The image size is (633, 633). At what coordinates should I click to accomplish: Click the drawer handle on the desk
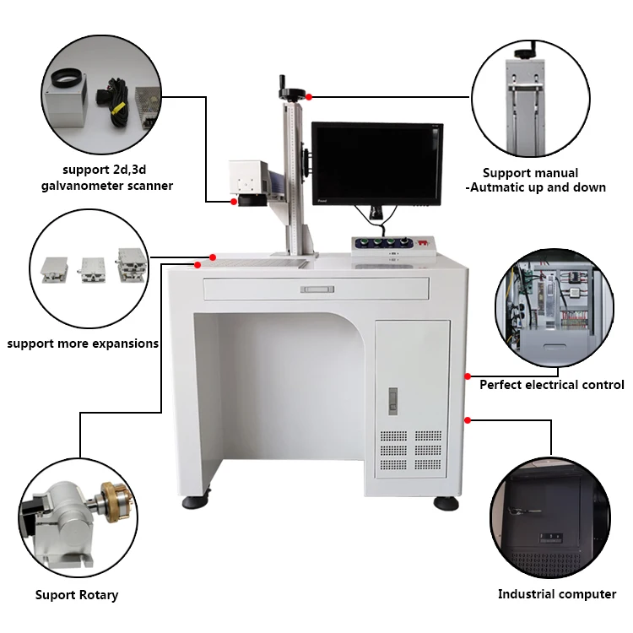tap(316, 289)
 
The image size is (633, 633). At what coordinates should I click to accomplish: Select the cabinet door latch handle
tap(392, 400)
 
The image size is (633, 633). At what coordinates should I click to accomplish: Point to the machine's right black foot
tap(446, 503)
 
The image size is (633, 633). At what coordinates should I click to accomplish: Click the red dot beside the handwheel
tap(310, 97)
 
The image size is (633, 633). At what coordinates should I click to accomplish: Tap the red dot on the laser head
tap(234, 202)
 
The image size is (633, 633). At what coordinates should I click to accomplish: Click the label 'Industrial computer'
tap(556, 594)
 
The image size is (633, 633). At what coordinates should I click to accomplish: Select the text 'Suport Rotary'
tap(77, 595)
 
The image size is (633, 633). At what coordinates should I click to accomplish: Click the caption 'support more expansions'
tap(83, 344)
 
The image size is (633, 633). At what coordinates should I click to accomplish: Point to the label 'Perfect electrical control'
tap(552, 385)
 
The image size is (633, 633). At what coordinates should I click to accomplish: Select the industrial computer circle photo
tap(549, 517)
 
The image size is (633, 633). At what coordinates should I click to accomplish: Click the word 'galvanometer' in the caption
tap(89, 185)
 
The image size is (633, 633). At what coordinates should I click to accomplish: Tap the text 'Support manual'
tap(530, 173)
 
